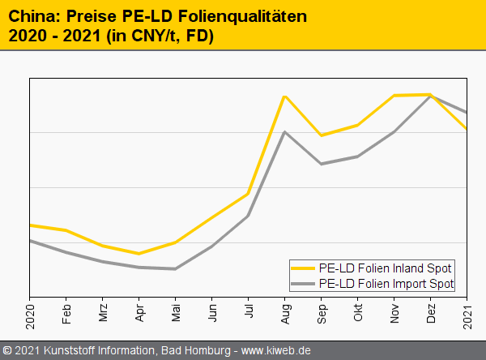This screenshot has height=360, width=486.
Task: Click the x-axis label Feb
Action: pyautogui.click(x=66, y=312)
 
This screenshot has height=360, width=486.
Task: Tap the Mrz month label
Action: pyautogui.click(x=103, y=313)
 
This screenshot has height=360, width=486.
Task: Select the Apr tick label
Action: pyautogui.click(x=139, y=312)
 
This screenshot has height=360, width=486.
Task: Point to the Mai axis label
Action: pyautogui.click(x=176, y=312)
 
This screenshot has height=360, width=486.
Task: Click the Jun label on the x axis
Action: pyautogui.click(x=212, y=312)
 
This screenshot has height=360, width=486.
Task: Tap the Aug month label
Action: pyautogui.click(x=285, y=313)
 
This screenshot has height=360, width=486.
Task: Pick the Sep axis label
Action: pyautogui.click(x=322, y=313)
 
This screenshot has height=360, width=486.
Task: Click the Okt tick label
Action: pyautogui.click(x=358, y=312)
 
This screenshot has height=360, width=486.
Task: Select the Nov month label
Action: pyautogui.click(x=394, y=313)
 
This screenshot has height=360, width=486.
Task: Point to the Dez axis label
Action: pyautogui.click(x=431, y=313)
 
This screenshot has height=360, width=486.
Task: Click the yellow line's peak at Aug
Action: pyautogui.click(x=284, y=96)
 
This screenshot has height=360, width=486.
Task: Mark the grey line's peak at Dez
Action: pyautogui.click(x=430, y=96)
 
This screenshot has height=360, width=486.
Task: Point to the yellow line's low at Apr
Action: pyautogui.click(x=139, y=253)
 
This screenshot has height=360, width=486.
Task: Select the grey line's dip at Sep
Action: pyautogui.click(x=322, y=164)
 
